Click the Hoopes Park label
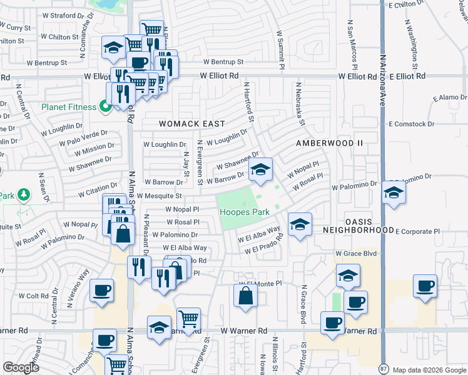pyautogui.click(x=245, y=212)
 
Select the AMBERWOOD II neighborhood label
pyautogui.click(x=329, y=143)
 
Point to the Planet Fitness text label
pyautogui.click(x=69, y=107)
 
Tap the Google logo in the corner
pyautogui.click(x=21, y=367)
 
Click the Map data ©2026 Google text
pyautogui.click(x=429, y=369)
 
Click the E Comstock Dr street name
pyautogui.click(x=412, y=124)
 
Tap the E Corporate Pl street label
pyautogui.click(x=417, y=231)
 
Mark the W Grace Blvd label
pyautogui.click(x=356, y=254)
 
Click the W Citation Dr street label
pyautogui.click(x=97, y=187)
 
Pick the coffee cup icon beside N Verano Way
pyautogui.click(x=102, y=291)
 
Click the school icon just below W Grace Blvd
pyautogui.click(x=348, y=276)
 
